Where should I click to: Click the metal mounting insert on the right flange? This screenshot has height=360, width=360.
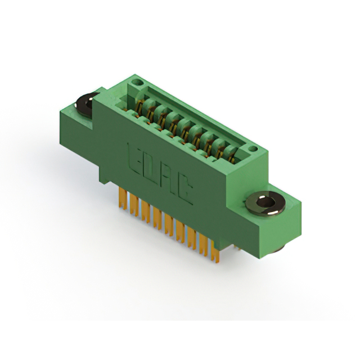(x=265, y=204)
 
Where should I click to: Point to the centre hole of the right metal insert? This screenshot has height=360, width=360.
(x=265, y=202)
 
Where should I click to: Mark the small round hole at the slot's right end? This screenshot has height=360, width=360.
(x=253, y=148)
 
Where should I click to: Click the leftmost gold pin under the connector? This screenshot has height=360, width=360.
(x=123, y=198)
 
